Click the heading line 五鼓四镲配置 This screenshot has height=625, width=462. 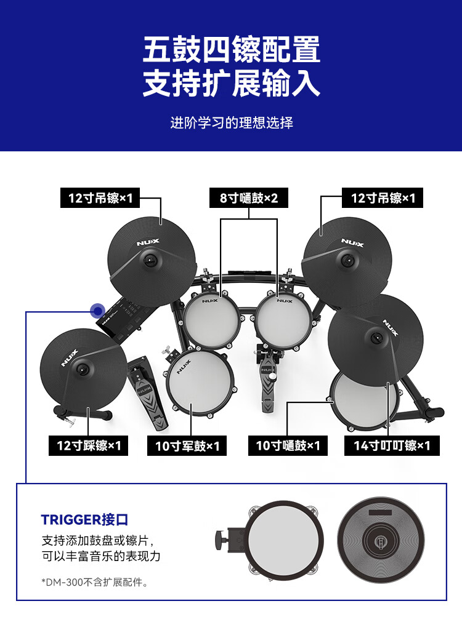coord(231,49)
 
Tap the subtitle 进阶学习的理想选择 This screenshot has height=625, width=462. coord(232,123)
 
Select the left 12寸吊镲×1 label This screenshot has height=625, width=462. coord(100,197)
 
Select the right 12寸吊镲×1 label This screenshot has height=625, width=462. coord(383,197)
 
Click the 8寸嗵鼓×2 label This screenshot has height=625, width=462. coord(249,197)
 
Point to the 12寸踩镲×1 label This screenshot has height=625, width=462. coord(89,445)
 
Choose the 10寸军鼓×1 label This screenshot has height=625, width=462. coord(187,445)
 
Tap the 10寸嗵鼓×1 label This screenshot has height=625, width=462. coord(288,445)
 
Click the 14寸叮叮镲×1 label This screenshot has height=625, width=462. coord(392,445)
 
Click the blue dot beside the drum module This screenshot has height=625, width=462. coord(98,311)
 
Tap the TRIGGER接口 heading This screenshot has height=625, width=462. coord(84,520)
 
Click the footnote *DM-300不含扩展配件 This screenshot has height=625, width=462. coord(95,583)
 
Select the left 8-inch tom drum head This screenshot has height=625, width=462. coord(211,319)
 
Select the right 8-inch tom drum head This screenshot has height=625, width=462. coord(283,320)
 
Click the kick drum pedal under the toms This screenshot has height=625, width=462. coord(267,379)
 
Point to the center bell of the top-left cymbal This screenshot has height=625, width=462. coord(150,261)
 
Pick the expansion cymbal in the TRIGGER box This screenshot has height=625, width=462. coord(381,540)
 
